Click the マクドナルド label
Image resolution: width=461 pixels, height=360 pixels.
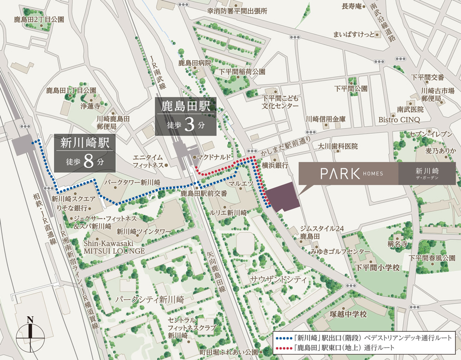pyautogui.click(x=213, y=157)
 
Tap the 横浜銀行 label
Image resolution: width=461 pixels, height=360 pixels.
pyautogui.click(x=275, y=165)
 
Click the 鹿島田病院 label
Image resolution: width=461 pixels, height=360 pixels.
pyautogui.click(x=195, y=62)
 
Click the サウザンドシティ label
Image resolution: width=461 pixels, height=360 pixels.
pyautogui.click(x=272, y=280)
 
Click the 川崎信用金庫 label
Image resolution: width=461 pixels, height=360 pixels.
pyautogui.click(x=325, y=119)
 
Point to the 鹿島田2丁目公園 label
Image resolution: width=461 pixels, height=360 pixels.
pyautogui.click(x=39, y=19)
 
